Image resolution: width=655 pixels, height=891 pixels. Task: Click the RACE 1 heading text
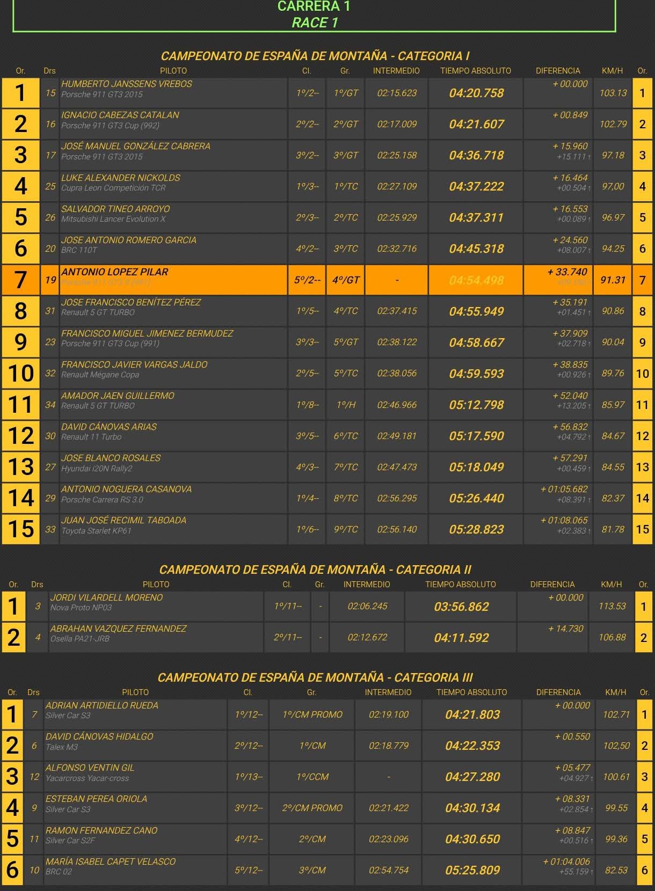[315, 23]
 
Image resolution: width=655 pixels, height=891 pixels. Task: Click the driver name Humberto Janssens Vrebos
[126, 84]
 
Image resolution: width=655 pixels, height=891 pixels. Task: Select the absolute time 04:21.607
[476, 125]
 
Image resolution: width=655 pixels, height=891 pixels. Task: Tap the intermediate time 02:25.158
[397, 156]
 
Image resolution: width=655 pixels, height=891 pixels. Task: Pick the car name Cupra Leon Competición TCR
[113, 188]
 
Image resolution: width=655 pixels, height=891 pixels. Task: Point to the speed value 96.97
[613, 218]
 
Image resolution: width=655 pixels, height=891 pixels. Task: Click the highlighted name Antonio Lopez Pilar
[114, 272]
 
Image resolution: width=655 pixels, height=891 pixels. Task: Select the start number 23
[50, 342]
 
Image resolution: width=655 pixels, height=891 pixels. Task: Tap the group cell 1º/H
[346, 405]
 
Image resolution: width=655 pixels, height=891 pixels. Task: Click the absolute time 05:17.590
[476, 436]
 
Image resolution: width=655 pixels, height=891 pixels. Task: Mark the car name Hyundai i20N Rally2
[97, 469]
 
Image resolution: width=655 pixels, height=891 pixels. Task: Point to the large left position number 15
[21, 529]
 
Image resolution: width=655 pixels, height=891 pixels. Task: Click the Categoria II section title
[315, 569]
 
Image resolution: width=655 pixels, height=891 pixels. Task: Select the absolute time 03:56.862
[461, 607]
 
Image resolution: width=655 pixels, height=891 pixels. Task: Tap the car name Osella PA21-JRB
[80, 639]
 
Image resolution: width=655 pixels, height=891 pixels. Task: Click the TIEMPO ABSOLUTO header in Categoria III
[471, 692]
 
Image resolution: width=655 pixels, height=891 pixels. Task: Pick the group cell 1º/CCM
[312, 777]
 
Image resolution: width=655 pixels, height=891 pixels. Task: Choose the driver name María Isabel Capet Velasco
[111, 861]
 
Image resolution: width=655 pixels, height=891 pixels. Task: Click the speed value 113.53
[612, 607]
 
